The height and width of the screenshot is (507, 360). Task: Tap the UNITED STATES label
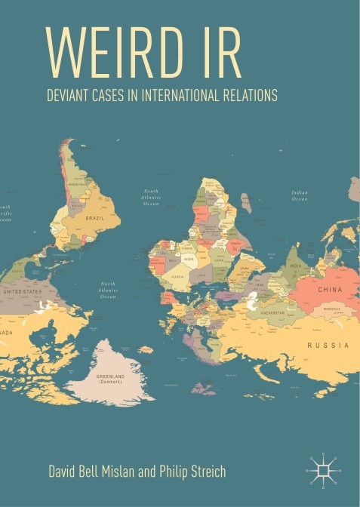click(x=23, y=290)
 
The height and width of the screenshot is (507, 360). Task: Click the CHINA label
click(x=330, y=290)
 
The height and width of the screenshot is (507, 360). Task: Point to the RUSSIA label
click(x=328, y=345)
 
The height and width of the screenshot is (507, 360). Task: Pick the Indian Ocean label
click(x=300, y=195)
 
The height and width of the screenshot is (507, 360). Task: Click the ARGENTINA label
click(x=77, y=183)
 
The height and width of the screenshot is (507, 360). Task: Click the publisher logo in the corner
click(x=325, y=469)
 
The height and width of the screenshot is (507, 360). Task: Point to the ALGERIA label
click(x=179, y=277)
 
